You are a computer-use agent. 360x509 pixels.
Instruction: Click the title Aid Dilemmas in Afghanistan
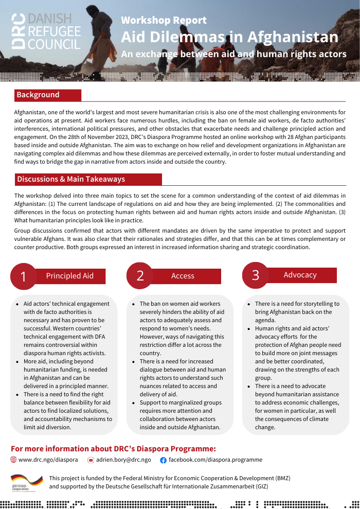click(229, 37)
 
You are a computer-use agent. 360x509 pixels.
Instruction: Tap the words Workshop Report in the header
click(164, 20)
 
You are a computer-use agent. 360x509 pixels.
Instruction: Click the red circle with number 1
click(24, 276)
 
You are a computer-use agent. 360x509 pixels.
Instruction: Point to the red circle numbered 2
click(140, 275)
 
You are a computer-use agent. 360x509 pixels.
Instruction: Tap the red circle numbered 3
click(256, 275)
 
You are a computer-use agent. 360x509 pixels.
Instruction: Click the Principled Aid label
click(70, 276)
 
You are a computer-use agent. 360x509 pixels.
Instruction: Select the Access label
click(183, 276)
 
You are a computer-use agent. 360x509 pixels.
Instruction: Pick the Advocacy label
click(300, 275)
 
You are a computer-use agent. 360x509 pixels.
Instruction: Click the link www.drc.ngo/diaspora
click(48, 460)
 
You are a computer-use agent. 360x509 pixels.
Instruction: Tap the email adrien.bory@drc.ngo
click(123, 460)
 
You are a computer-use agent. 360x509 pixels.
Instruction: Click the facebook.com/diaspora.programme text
click(215, 460)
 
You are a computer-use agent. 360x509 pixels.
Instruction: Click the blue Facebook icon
click(163, 460)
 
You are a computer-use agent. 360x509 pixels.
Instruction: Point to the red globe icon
click(13, 460)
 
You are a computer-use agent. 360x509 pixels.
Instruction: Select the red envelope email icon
click(91, 460)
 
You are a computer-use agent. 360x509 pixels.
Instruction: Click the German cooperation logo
click(27, 483)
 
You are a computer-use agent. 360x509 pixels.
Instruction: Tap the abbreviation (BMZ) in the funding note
click(280, 478)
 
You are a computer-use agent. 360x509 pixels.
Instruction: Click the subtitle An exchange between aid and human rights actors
click(233, 54)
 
